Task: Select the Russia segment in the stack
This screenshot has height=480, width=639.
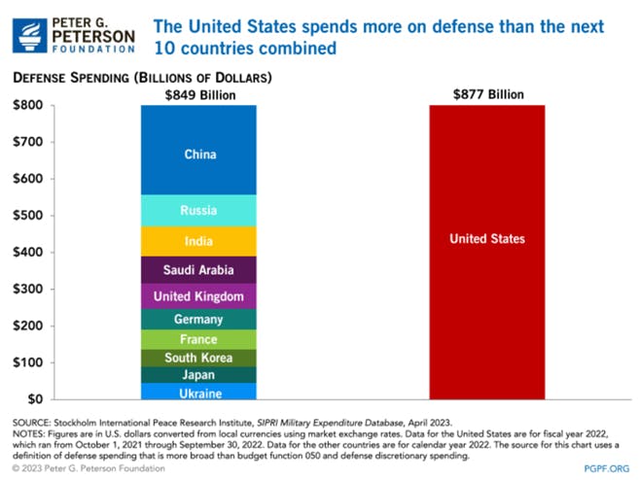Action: click(198, 211)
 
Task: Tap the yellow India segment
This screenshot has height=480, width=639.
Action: click(198, 241)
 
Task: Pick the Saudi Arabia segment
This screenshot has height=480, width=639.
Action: click(198, 270)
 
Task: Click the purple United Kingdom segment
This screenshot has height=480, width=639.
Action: click(198, 296)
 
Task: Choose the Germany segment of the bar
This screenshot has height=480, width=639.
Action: click(198, 320)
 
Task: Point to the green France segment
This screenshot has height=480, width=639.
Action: click(198, 339)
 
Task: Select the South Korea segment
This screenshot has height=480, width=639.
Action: click(198, 358)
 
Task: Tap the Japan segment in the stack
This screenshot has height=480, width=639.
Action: click(198, 375)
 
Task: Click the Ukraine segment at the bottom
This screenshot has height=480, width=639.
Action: click(198, 393)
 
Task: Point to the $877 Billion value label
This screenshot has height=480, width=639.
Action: click(487, 94)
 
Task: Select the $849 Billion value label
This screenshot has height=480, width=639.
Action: click(198, 94)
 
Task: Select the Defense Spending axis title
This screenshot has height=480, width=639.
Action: click(141, 76)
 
